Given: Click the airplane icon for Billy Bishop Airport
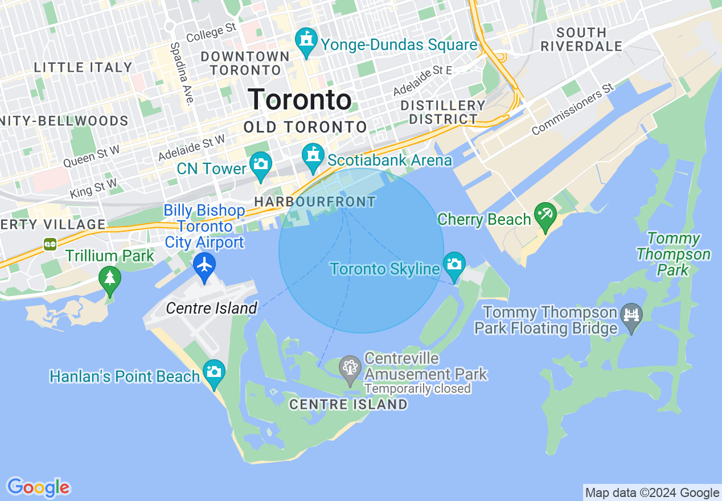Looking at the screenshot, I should [204, 265].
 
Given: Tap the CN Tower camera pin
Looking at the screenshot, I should [261, 165].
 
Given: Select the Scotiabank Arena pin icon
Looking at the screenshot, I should [313, 155].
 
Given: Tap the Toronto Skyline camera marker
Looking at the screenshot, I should [454, 264].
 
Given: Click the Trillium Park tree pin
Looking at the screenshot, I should [109, 278].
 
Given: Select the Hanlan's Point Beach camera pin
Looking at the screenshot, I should [214, 372].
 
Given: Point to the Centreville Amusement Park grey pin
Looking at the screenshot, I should [350, 367].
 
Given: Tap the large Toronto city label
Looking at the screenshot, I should [300, 100].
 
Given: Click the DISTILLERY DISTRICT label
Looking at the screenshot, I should [443, 112].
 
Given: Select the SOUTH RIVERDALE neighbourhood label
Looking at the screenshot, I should [581, 39].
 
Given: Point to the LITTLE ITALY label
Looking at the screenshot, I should [83, 67].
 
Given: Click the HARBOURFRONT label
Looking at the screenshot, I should [315, 202].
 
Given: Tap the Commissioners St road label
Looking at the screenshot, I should [572, 109].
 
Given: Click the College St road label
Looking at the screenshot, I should [211, 32].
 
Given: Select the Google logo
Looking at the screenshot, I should [38, 487].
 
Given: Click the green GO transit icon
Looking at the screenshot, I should [50, 244].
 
